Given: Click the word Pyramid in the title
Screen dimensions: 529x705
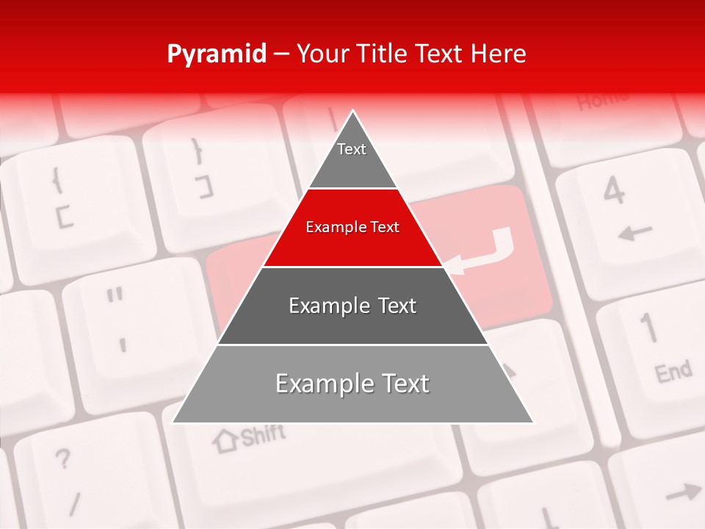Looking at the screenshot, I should coord(216,54).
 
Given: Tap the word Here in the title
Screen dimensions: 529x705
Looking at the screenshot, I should coord(499,54).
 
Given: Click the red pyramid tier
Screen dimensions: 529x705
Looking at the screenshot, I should coord(352,228).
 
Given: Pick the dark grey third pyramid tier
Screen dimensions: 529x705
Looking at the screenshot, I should coord(352,306).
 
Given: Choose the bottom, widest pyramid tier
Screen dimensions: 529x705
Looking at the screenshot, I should coord(352,384).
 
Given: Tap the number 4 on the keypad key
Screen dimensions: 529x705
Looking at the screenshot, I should coord(614,191).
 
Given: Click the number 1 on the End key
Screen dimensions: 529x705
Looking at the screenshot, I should coord(648,328).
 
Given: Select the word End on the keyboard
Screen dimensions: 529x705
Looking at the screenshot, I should coord(673,373).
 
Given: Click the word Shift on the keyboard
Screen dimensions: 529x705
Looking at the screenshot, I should coord(262,436).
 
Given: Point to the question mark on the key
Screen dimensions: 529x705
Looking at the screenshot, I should coord(63,460).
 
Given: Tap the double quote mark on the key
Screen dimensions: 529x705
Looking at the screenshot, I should coord(114,297).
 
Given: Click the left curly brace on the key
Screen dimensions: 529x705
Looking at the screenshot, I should coord(57,179).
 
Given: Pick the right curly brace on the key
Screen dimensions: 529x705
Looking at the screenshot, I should coord(196,151).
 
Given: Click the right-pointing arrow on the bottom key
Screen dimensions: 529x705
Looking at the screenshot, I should coord(683,492).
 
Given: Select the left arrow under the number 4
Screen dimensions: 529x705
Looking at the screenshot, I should coord(634,234).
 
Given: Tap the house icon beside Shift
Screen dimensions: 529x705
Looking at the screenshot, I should coord(225,440).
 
